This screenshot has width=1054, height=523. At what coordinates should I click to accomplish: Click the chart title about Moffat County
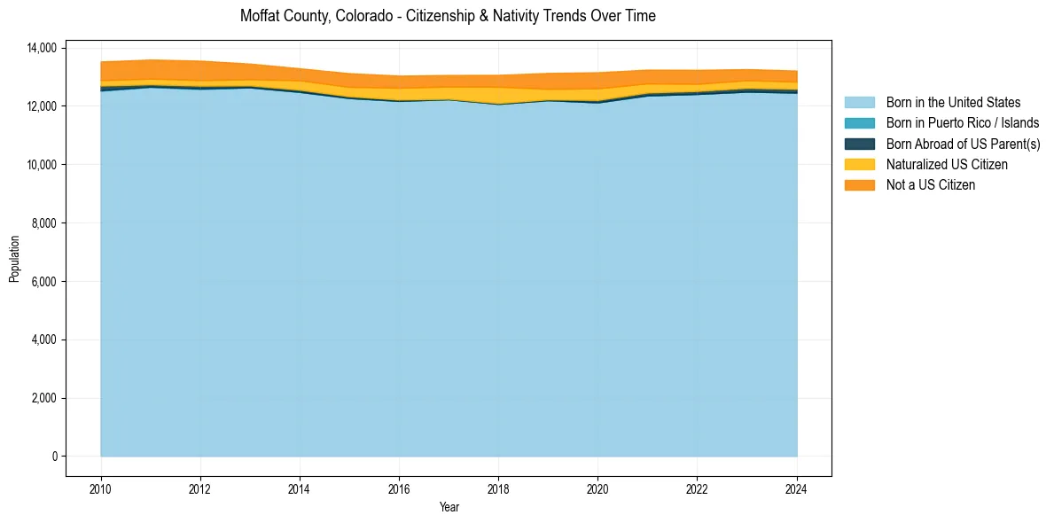pyautogui.click(x=448, y=16)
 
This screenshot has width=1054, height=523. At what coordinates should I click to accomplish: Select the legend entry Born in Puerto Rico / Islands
pyautogui.click(x=963, y=123)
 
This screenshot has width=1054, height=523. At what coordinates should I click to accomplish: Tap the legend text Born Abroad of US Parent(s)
pyautogui.click(x=963, y=144)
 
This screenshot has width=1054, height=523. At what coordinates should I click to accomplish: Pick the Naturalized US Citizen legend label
pyautogui.click(x=947, y=165)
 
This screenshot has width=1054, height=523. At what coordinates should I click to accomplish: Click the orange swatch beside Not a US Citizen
pyautogui.click(x=859, y=185)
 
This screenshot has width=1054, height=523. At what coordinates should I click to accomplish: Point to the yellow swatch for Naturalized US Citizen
pyautogui.click(x=859, y=165)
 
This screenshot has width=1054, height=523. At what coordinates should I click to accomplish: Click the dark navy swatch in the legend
pyautogui.click(x=859, y=144)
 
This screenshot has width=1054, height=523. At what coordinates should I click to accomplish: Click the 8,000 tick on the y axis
pyautogui.click(x=43, y=223)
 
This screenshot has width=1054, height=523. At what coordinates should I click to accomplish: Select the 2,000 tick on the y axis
pyautogui.click(x=43, y=398)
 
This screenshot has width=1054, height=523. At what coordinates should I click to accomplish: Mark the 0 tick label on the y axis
pyautogui.click(x=53, y=457)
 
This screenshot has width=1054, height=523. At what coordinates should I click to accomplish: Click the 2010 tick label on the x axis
pyautogui.click(x=101, y=488)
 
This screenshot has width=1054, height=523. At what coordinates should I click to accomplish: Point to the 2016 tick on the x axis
pyautogui.click(x=399, y=488)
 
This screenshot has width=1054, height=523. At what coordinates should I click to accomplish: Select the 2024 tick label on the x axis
pyautogui.click(x=797, y=488)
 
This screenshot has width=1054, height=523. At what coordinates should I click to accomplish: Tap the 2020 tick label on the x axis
pyautogui.click(x=597, y=488)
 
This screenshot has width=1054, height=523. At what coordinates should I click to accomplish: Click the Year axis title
pyautogui.click(x=449, y=508)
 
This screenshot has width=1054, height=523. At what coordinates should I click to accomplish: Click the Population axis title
pyautogui.click(x=14, y=259)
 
